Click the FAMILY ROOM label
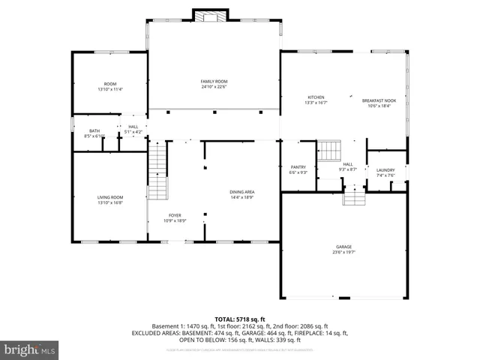click(214, 81)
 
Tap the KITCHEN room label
click(316, 97)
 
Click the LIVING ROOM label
click(109, 197)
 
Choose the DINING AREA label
click(241, 192)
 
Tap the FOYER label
click(175, 215)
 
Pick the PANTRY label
click(298, 166)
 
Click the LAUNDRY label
click(385, 170)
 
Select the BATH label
click(94, 130)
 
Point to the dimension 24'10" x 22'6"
click(214, 86)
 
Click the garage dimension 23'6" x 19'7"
click(343, 252)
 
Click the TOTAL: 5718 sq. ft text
click(239, 319)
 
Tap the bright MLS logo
click(30, 349)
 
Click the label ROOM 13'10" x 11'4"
click(109, 86)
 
